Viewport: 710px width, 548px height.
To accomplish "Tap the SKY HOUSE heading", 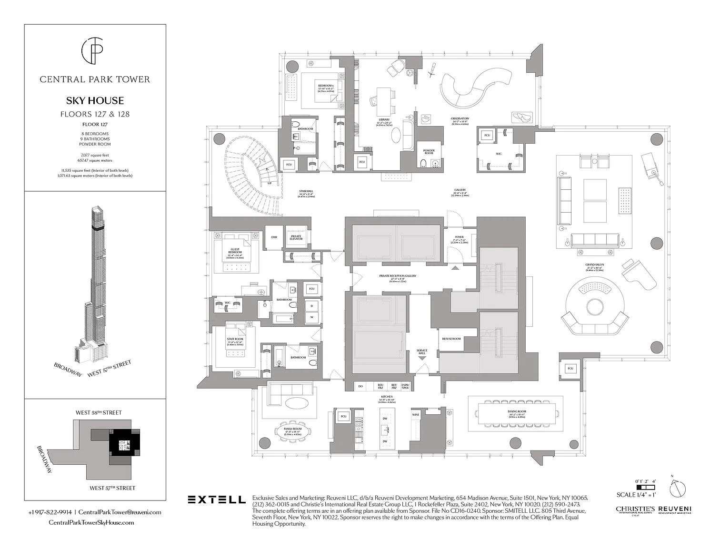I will coord(95,101).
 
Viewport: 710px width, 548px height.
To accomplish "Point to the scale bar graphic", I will coord(644,488).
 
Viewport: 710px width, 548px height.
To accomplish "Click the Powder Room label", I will coord(429,152).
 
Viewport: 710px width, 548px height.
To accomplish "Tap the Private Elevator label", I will coord(296,237).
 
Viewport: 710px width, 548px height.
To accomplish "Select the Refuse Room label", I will coord(451,339).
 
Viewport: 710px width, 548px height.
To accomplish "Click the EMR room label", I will coord(274,237).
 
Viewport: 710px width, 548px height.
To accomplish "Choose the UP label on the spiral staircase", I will coord(269,183).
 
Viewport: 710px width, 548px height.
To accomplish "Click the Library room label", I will coord(384,120).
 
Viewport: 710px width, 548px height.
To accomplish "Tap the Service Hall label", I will coord(422,352).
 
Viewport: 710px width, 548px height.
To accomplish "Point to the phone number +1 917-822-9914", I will coord(50,512).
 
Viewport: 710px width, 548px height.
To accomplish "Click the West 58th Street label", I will coord(99,412).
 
